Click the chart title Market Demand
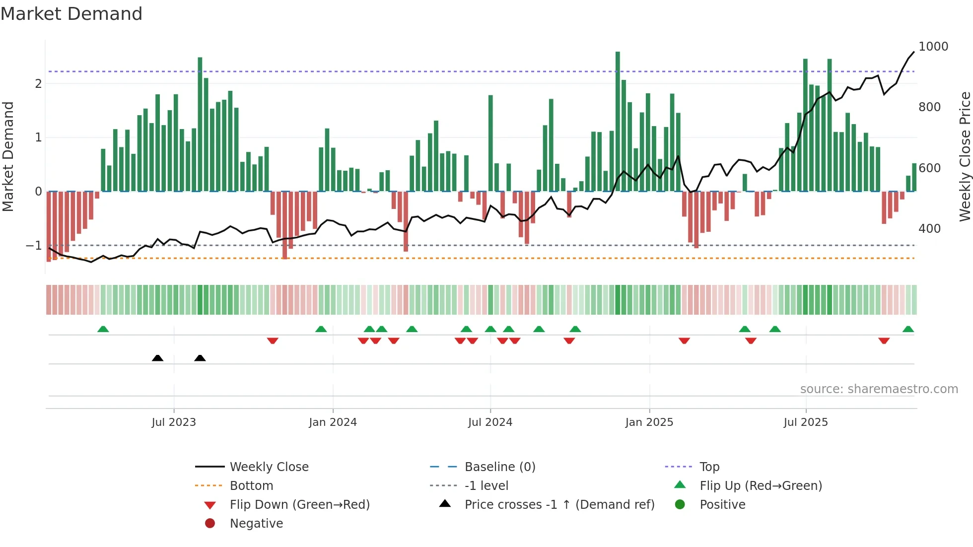pos(71,14)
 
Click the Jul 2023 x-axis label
pos(174,422)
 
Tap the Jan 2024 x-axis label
pos(333,422)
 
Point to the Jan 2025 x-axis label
pos(649,422)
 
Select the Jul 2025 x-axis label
pos(806,422)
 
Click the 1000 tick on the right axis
pos(933,47)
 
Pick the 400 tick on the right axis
pos(929,229)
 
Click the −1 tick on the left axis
pos(34,246)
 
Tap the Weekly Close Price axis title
pos(965,156)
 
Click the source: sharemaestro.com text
pos(879,389)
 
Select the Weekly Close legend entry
pos(269,467)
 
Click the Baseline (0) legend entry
pos(499,467)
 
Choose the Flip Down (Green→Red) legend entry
pos(299,505)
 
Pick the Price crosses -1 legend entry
pos(559,505)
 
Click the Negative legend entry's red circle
pos(210,524)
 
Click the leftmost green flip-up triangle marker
pos(103,329)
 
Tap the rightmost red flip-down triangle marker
pos(884,341)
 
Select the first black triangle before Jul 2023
pos(157,358)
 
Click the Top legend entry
pos(709,467)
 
